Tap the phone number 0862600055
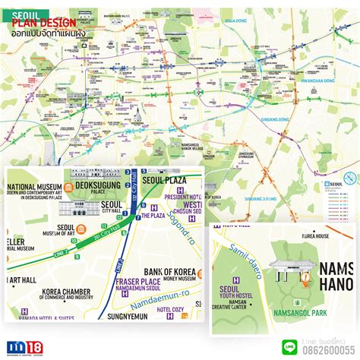pyautogui.click(x=325, y=350)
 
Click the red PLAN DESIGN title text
pyautogui.click(x=43, y=23)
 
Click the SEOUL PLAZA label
pyautogui.click(x=165, y=179)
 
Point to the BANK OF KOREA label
pyautogui.click(x=169, y=272)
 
